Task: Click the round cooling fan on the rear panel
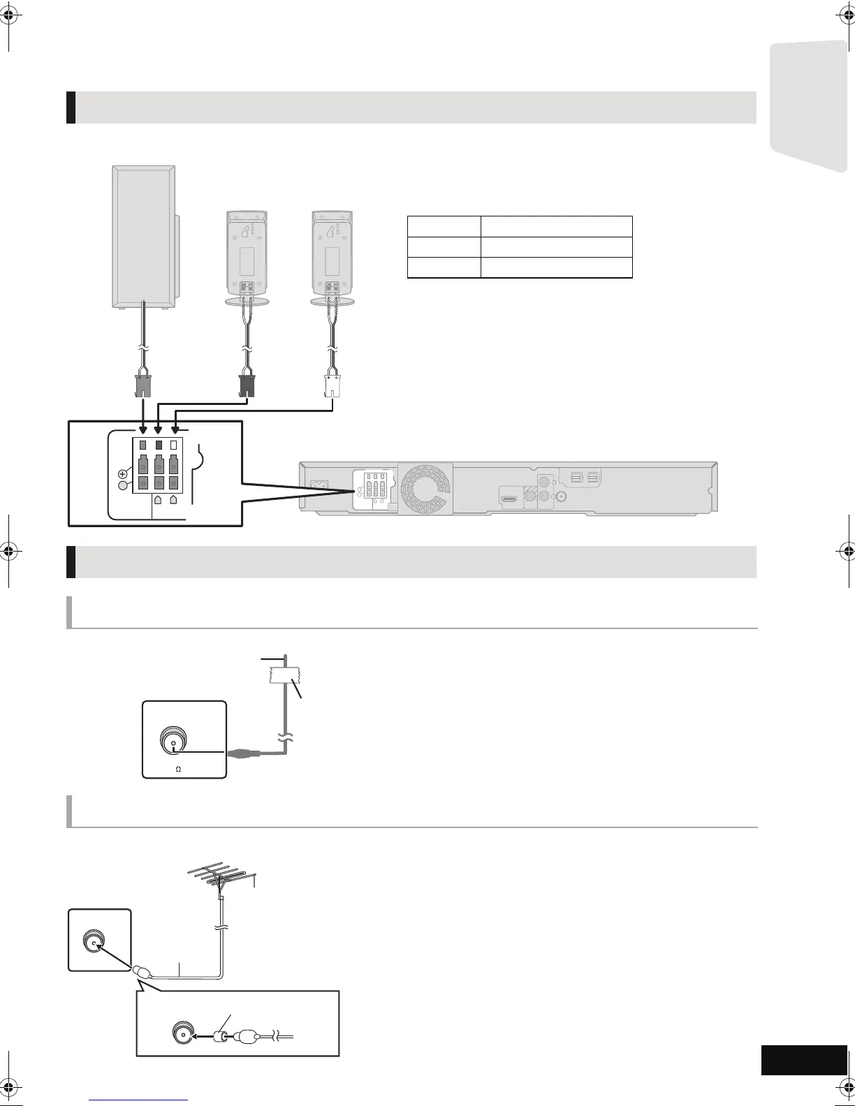coord(425,488)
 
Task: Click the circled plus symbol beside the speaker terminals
coord(122,473)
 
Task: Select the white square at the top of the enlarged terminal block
coord(174,445)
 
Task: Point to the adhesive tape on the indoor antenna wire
coord(284,674)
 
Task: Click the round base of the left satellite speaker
coord(247,300)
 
